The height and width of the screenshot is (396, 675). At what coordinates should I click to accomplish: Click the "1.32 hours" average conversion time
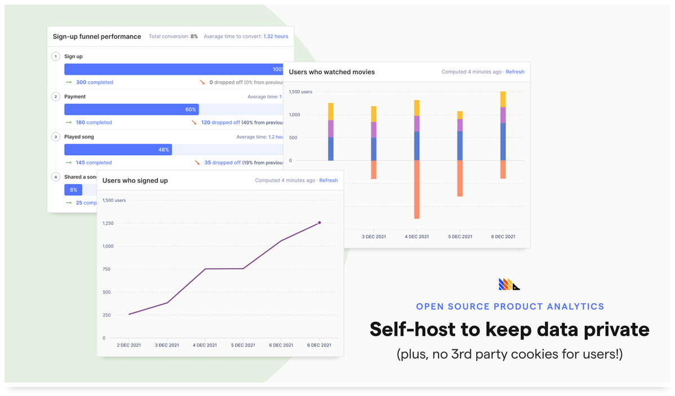276,37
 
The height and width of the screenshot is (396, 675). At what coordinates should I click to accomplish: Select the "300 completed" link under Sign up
94,82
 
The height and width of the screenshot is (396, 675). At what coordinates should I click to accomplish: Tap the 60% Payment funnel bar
131,109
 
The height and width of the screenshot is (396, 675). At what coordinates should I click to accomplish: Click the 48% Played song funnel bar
118,150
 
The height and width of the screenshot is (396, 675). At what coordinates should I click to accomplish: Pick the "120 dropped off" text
220,123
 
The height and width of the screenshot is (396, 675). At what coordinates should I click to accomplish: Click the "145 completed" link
94,163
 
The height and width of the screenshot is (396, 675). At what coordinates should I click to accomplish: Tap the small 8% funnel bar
73,190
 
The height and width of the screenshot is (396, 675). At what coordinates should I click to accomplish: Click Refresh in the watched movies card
515,72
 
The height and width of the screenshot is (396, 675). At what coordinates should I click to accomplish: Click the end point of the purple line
319,223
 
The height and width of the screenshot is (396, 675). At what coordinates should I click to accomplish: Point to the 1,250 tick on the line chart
108,223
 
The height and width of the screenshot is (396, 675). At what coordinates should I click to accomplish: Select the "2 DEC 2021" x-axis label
128,345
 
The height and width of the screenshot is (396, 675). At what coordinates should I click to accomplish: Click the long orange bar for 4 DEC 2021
417,190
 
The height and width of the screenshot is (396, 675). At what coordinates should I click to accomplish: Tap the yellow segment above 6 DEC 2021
503,99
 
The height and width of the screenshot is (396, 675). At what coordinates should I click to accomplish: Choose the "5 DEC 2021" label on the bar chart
460,237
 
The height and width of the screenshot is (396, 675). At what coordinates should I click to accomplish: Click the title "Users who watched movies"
331,72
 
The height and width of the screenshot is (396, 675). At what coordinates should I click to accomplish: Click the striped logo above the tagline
509,285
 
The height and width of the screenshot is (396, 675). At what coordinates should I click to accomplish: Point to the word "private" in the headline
614,330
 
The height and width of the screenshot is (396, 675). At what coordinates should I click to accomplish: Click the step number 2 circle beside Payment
56,97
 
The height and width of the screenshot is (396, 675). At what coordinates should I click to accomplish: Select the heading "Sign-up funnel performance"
97,37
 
